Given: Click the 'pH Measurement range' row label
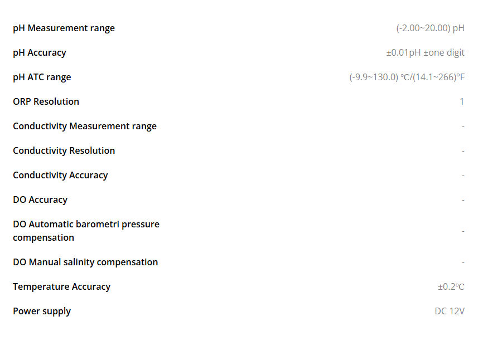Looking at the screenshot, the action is tap(64, 28).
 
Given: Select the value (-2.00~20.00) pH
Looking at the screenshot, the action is tap(431, 28).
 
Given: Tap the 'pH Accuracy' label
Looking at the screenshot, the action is tap(40, 53).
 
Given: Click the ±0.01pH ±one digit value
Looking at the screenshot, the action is tap(426, 53).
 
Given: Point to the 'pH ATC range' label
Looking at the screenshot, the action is tap(42, 77).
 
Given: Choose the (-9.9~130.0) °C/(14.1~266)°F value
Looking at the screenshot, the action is tap(407, 77).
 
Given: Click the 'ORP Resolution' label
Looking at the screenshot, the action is tap(46, 101).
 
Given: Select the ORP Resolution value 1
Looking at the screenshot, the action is tap(462, 101).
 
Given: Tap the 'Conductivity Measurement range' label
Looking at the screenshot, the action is tap(85, 127).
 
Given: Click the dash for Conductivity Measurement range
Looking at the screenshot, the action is tap(463, 127).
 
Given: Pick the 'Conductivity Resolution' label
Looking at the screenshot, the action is tap(64, 151).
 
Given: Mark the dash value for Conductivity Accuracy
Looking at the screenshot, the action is tap(463, 176).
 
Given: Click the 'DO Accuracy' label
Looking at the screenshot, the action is tap(40, 200).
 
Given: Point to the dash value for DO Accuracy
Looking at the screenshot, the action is tap(463, 200).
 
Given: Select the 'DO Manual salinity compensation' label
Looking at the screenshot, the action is tap(85, 262).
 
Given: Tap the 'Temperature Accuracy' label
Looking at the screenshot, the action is tap(61, 287).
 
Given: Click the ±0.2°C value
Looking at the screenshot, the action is tap(451, 287).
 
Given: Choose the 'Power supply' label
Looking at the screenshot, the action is tap(42, 312).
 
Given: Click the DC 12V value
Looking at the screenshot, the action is tap(450, 312).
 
